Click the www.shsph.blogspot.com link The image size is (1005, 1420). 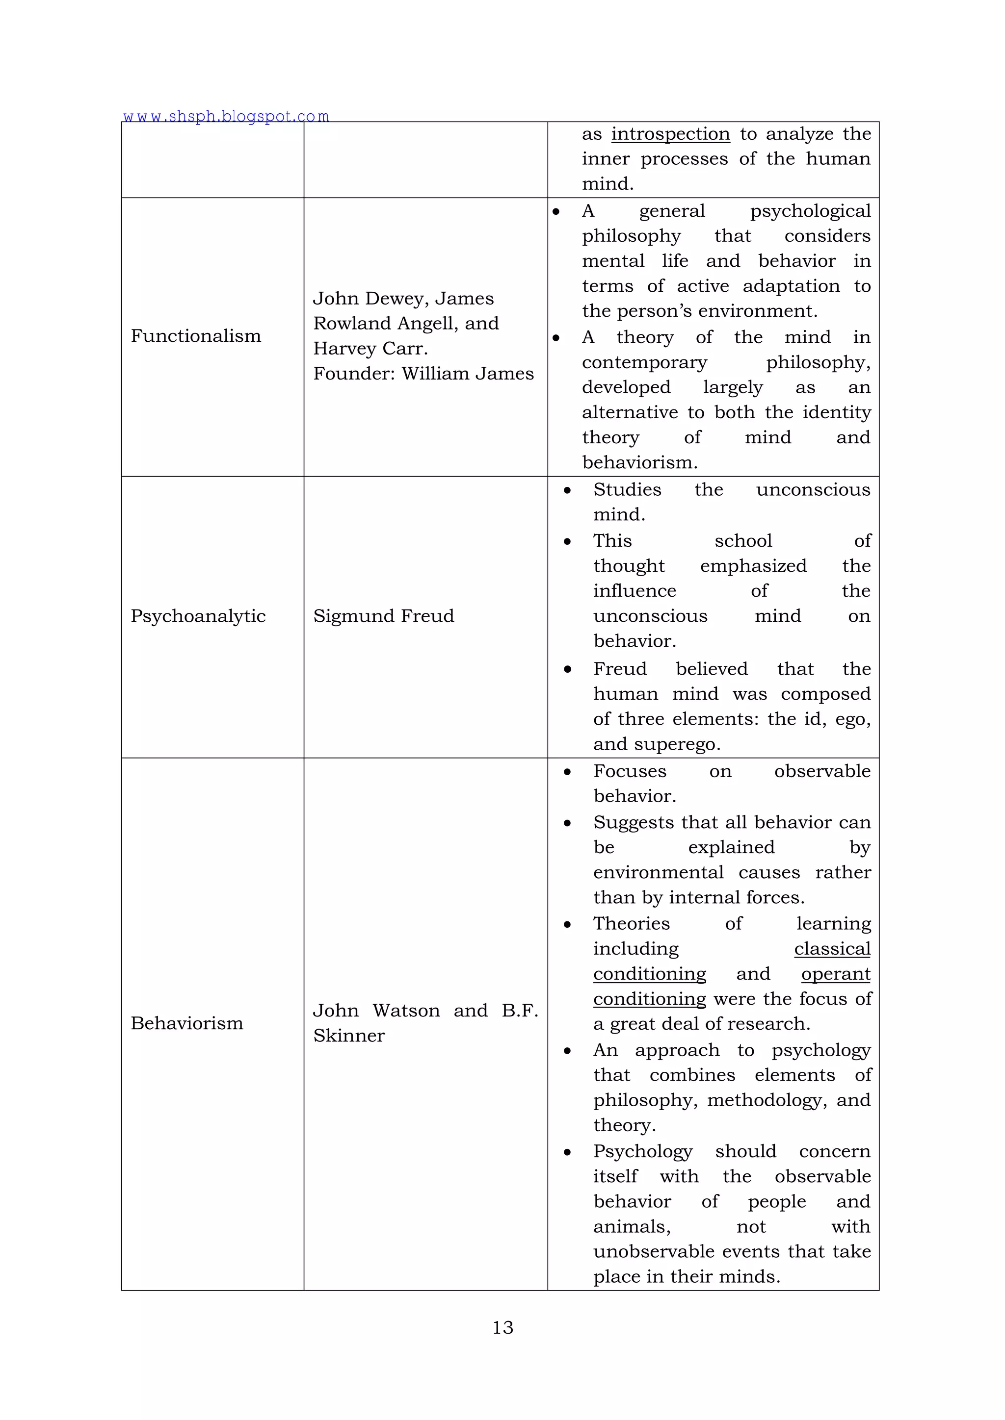[226, 116]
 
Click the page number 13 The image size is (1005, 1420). [502, 1327]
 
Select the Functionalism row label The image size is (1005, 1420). [196, 336]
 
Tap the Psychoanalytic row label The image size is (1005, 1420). [198, 616]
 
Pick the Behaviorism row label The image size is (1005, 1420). [187, 1023]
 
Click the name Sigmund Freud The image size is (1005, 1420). [383, 616]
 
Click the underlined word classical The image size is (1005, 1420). [832, 949]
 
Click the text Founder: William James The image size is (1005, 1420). [423, 374]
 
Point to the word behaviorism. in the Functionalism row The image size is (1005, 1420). [639, 462]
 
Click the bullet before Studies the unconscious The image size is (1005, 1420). [567, 490]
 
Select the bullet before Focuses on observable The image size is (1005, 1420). [567, 772]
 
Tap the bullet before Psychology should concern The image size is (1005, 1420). [567, 1152]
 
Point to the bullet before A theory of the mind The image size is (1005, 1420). [555, 338]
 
